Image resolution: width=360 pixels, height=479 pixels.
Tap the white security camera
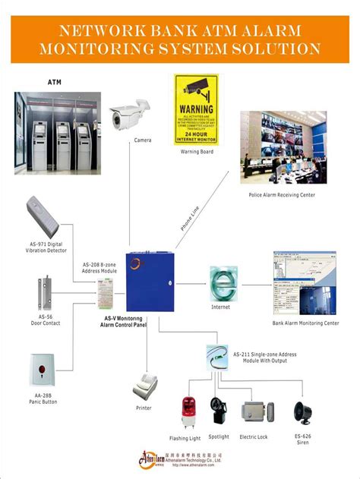125,115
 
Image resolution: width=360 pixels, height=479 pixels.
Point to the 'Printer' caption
144,408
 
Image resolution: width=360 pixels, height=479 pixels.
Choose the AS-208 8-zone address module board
106,291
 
